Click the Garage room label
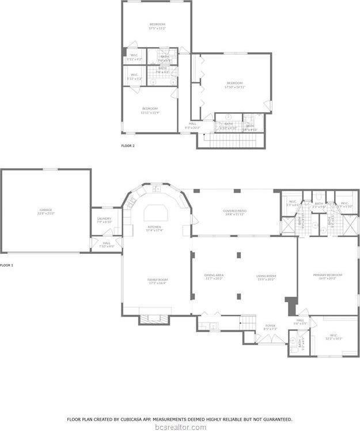coord(46,211)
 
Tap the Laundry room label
coord(104,220)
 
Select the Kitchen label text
coord(154,228)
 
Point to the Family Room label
coord(157,281)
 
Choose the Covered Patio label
coord(234,212)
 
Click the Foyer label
coord(270,326)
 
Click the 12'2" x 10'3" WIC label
coord(334,337)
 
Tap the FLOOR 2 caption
coord(128,146)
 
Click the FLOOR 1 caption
coord(6,265)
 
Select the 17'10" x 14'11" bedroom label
coord(234,85)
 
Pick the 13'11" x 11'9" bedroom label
coord(150,110)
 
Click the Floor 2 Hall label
coord(192,124)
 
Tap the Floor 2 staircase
coord(230,140)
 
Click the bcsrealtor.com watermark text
coord(180,426)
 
